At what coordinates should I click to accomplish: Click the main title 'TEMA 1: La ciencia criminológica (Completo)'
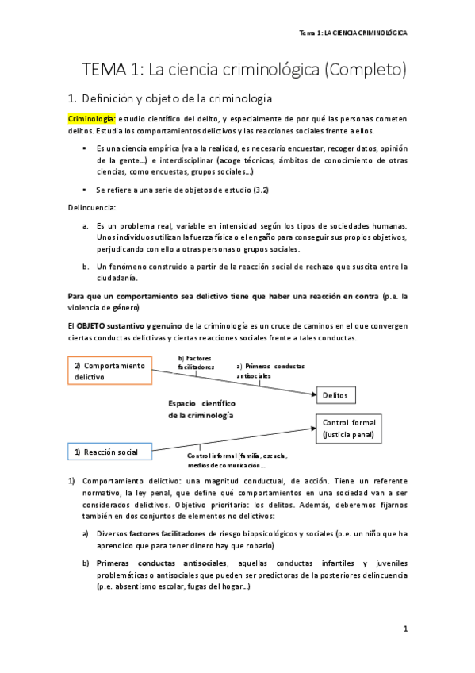point(245,70)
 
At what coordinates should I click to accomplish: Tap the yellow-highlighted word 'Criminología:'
point(91,119)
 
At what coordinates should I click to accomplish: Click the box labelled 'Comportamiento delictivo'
point(110,371)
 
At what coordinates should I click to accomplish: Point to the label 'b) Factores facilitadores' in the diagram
point(196,363)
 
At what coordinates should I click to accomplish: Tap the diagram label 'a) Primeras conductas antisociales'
point(270,370)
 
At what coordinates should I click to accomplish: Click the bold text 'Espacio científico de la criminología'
point(201,409)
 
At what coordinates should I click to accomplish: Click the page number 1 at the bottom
point(404,629)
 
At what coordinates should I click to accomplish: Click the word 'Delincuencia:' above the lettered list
point(93,208)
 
